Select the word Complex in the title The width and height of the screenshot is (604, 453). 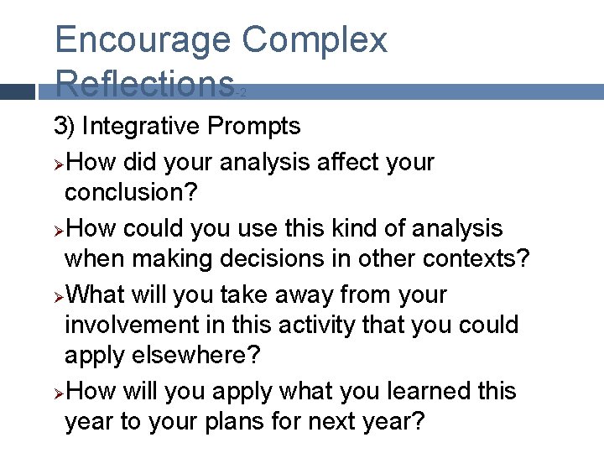[314, 39]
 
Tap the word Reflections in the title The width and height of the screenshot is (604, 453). [143, 84]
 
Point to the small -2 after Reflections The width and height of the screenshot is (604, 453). [242, 94]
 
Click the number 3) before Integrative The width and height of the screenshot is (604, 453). [65, 127]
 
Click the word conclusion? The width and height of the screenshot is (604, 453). [132, 192]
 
